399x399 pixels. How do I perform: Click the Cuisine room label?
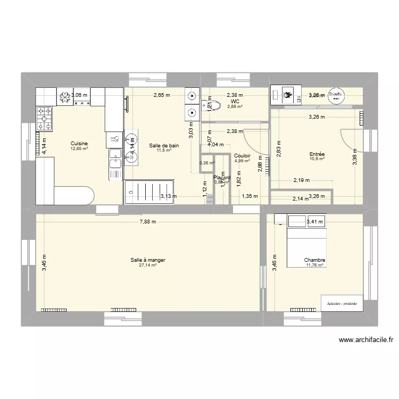point(79,144)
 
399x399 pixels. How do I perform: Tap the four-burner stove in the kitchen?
point(44,118)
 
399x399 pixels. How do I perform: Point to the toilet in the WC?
point(206,105)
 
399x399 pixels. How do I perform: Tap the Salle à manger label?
point(148,260)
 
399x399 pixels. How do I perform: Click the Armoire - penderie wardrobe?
point(342,304)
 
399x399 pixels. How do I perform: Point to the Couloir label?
point(242,156)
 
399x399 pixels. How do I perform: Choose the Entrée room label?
point(318,155)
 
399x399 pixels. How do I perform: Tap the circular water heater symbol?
point(335,94)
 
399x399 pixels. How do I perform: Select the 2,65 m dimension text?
point(161,96)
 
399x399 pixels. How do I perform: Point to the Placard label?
point(222,178)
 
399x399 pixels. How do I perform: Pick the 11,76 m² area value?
point(315,265)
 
